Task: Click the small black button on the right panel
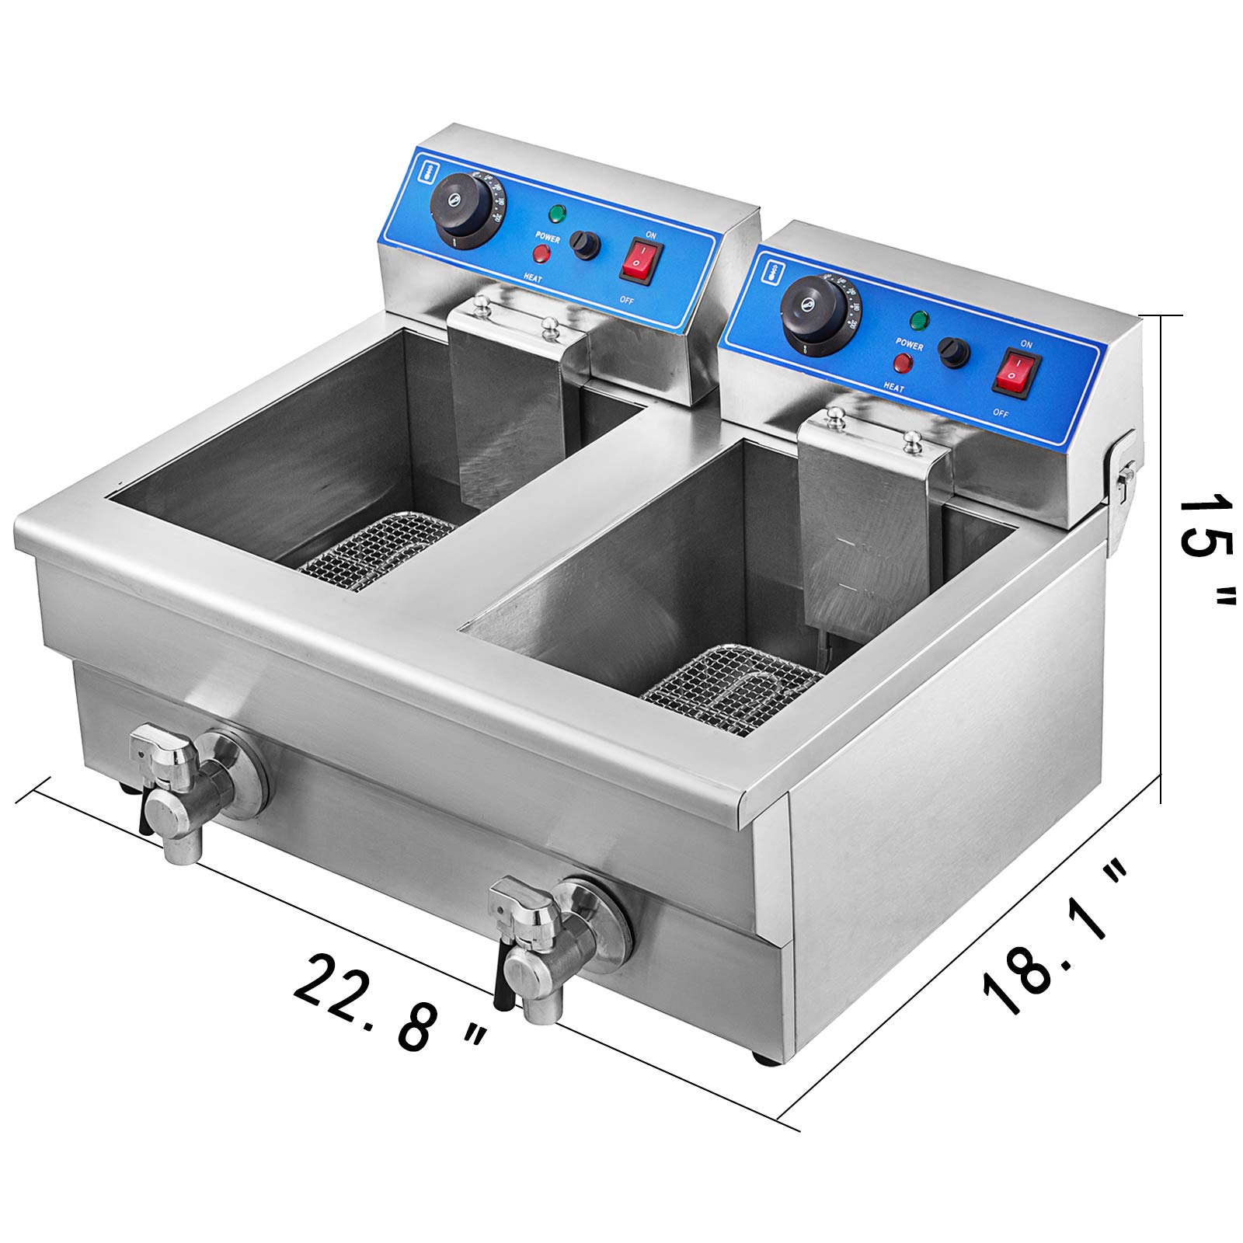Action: pos(953,352)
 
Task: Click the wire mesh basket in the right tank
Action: pos(730,692)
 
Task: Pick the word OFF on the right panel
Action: pos(999,414)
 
